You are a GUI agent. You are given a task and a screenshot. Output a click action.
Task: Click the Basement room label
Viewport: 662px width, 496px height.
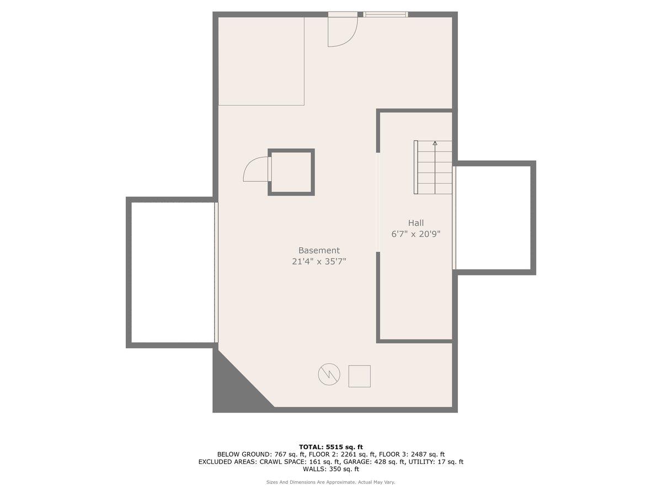(x=319, y=250)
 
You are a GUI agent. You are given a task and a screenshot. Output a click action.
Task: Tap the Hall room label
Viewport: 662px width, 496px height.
(x=415, y=223)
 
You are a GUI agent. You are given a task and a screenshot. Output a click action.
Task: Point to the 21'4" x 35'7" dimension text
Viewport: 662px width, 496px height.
(x=319, y=261)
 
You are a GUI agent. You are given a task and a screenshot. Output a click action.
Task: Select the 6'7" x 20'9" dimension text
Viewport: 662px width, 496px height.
(x=416, y=234)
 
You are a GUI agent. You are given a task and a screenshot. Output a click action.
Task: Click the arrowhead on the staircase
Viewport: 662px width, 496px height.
(x=435, y=143)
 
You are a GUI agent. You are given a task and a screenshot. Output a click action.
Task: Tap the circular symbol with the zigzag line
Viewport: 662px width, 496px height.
(x=329, y=374)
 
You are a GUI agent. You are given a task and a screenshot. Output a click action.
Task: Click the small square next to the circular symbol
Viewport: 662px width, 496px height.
(x=359, y=376)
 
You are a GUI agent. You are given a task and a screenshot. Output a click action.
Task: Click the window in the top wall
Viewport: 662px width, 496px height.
(x=385, y=14)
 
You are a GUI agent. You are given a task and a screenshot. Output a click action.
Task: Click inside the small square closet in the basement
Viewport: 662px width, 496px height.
(x=291, y=172)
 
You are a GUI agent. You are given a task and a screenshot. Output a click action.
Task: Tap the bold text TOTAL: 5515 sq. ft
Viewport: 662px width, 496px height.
(x=331, y=447)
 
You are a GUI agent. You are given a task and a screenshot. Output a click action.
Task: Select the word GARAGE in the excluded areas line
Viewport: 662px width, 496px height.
(x=357, y=461)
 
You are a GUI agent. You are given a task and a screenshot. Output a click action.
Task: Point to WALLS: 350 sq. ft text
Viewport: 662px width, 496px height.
(x=331, y=469)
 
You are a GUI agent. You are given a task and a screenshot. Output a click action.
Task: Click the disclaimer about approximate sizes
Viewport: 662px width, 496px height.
(x=330, y=482)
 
